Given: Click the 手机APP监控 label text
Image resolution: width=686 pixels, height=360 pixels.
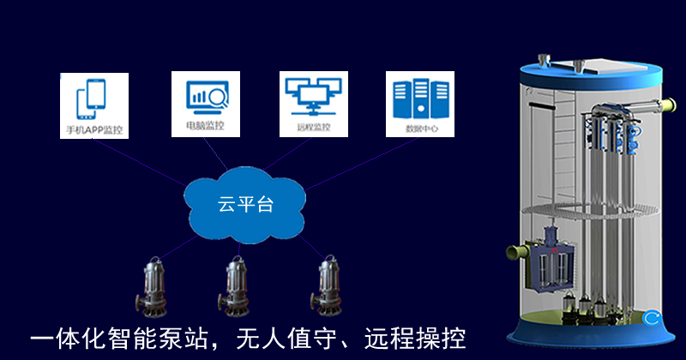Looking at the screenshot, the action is point(94,130).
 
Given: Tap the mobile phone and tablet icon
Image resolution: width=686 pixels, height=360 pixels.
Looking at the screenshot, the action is point(91,99).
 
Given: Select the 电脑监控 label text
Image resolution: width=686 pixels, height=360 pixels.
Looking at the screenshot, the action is point(205,126).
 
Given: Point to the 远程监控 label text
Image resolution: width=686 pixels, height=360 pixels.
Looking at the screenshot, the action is point(314,128).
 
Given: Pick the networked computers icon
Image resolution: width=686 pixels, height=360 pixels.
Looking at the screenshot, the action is point(313,96).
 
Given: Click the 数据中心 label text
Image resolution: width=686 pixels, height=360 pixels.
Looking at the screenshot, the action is point(421,129).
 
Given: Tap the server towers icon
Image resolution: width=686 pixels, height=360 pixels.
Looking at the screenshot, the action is point(420,99).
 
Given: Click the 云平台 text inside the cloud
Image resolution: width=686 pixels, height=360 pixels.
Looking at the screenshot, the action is point(245,204).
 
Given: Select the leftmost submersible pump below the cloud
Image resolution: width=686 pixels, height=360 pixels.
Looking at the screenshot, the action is point(152,287).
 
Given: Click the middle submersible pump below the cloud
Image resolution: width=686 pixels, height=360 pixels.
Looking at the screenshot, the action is point(234,286).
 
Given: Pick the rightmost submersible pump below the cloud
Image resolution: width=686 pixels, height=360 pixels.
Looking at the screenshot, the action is point(327,286).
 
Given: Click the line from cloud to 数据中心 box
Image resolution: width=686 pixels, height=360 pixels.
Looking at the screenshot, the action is point(361,164).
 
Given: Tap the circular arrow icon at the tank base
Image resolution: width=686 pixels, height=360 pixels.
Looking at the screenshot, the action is point(652,318).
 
